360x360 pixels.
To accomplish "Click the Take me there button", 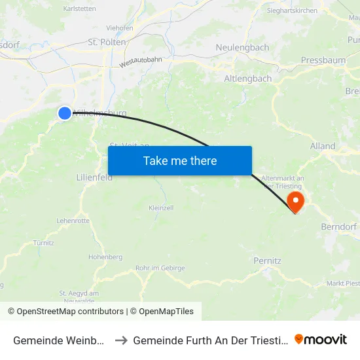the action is click(180, 160).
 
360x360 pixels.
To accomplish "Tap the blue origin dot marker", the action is click(65, 113).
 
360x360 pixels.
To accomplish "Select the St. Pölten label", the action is click(107, 43).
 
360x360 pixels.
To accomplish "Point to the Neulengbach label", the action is click(242, 48).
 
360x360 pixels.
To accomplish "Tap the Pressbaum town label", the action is click(323, 60).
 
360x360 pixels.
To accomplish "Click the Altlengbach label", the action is click(248, 79).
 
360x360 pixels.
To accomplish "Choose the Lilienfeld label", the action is click(94, 177).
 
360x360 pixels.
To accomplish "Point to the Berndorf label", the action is click(338, 226).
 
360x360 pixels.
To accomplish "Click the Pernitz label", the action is click(267, 261).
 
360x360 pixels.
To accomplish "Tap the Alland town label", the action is click(323, 146).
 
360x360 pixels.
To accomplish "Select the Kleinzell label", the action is click(160, 207).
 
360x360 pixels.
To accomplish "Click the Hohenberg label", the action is click(105, 257).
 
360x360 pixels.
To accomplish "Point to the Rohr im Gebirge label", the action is click(160, 268).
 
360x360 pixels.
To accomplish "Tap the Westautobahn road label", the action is click(140, 62).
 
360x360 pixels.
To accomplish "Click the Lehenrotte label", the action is click(73, 221).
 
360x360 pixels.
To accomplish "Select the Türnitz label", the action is click(43, 243).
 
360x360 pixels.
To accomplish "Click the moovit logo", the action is click(321, 339).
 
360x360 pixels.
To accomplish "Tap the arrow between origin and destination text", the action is click(121, 340).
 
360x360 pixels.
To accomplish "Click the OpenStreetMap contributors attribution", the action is click(70, 312).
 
